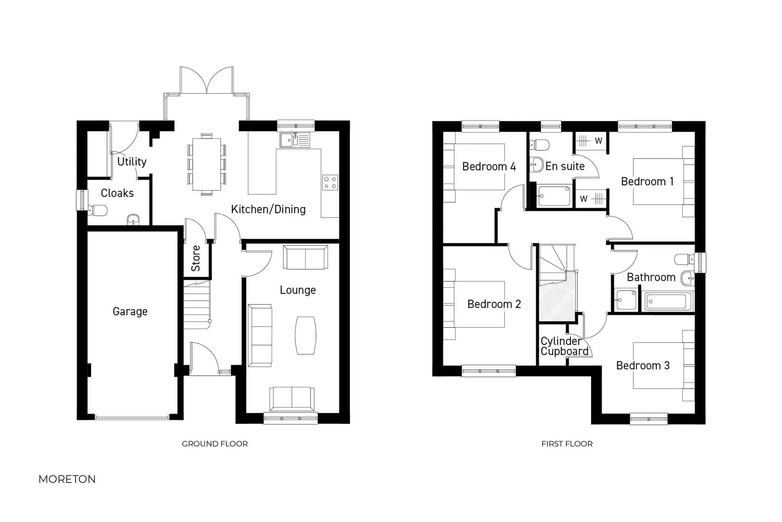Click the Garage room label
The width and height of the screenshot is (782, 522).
tap(130, 311)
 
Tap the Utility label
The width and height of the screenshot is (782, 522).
tap(132, 162)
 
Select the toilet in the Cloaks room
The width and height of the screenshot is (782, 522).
tap(98, 211)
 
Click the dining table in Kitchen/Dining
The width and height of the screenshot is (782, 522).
tap(206, 164)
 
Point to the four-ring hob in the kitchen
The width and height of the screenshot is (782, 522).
tap(330, 183)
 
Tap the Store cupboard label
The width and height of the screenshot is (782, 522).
tap(196, 259)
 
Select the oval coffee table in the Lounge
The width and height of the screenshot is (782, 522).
tap(305, 335)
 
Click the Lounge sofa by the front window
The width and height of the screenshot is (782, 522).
tap(292, 398)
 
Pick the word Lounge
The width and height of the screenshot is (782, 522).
tap(298, 290)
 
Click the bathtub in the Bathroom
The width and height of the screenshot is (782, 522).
tap(667, 301)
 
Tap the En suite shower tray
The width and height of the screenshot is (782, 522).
tap(554, 196)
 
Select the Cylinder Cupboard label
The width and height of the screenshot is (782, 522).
tap(564, 346)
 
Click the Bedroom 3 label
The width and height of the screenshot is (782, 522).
tap(643, 365)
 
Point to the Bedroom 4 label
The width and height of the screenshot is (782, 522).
tap(489, 167)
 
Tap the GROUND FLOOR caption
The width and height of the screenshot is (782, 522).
tap(215, 444)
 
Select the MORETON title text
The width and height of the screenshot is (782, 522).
tap(67, 479)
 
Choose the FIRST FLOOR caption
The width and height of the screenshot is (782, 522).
tap(567, 444)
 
